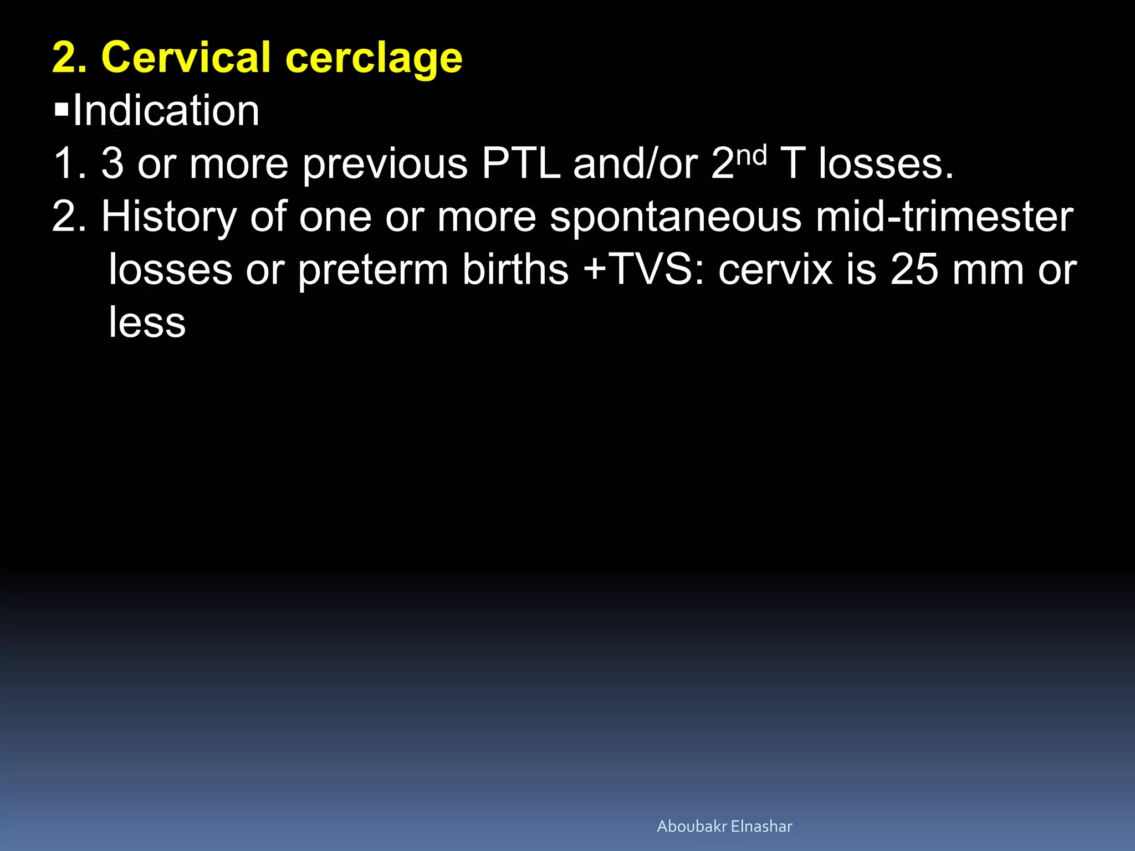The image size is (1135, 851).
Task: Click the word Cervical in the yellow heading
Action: tap(185, 58)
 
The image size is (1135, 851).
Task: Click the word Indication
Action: tap(166, 110)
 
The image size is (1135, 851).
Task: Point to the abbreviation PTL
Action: tap(520, 163)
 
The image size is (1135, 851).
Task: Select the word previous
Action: tap(385, 165)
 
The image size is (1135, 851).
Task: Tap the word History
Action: tap(168, 217)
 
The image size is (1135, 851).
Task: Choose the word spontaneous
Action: tap(675, 217)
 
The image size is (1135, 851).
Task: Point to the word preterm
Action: tap(372, 270)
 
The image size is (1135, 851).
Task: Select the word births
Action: tap(515, 270)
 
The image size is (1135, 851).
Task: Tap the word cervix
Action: tap(775, 270)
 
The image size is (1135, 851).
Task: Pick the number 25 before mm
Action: tap(913, 270)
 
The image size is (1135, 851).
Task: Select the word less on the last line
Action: tap(147, 322)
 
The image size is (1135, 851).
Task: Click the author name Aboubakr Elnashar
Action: tap(724, 826)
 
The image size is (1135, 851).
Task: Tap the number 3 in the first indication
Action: tap(113, 164)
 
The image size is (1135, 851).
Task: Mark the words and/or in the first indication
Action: tap(635, 164)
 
